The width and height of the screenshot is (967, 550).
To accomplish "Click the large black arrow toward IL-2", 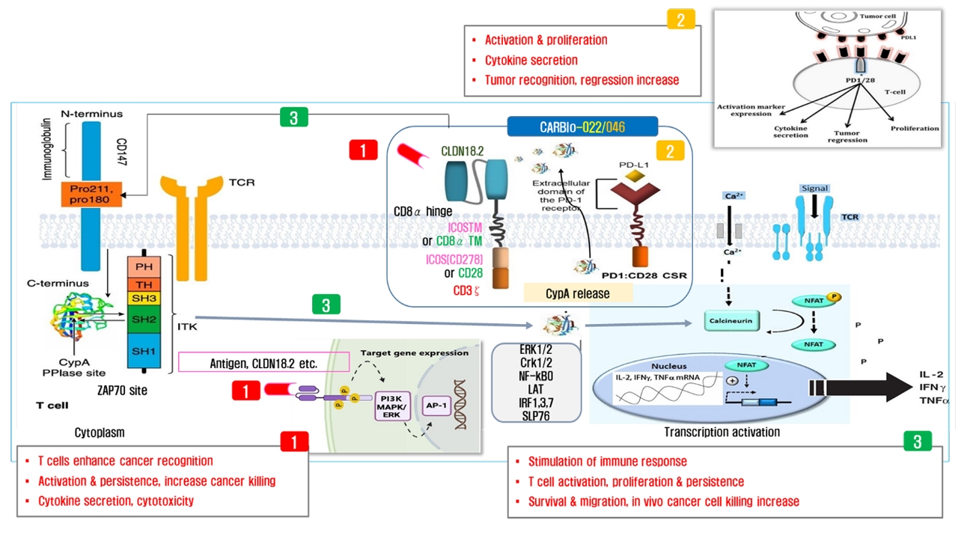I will (861, 388).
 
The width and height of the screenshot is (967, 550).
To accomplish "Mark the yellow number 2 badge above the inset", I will (680, 19).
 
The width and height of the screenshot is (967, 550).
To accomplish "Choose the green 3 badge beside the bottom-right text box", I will (917, 441).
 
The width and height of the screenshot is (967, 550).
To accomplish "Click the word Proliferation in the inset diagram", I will (915, 129).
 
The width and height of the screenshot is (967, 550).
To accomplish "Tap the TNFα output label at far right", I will (933, 401).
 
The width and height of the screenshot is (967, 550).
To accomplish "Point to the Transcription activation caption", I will (722, 432).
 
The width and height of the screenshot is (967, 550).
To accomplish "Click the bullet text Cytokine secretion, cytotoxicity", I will (116, 501).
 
